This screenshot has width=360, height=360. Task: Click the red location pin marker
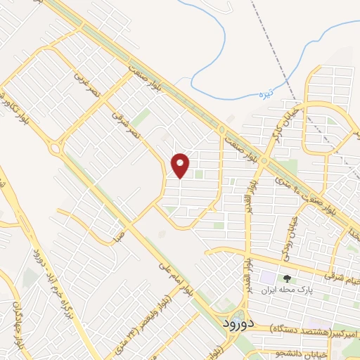181,166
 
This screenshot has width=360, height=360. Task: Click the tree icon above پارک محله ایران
286,278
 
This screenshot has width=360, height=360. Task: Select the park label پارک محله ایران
286,289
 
